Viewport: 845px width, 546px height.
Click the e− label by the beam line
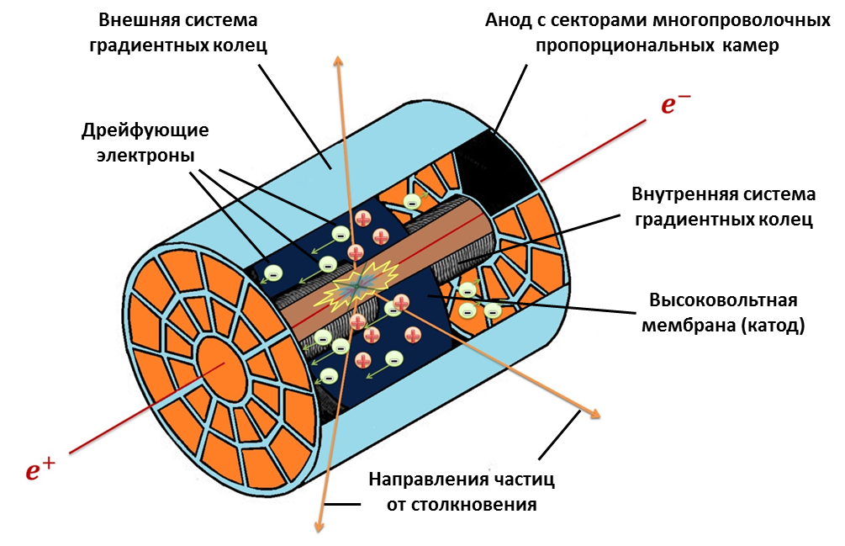676,104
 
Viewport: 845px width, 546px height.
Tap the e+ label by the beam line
40,469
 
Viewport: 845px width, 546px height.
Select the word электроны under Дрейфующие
145,156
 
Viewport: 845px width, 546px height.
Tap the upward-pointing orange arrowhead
339,61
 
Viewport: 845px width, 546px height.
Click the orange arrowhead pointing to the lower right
594,413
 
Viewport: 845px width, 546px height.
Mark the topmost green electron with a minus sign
411,201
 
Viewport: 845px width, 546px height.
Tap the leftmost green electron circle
272,273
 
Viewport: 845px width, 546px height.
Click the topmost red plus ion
362,219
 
